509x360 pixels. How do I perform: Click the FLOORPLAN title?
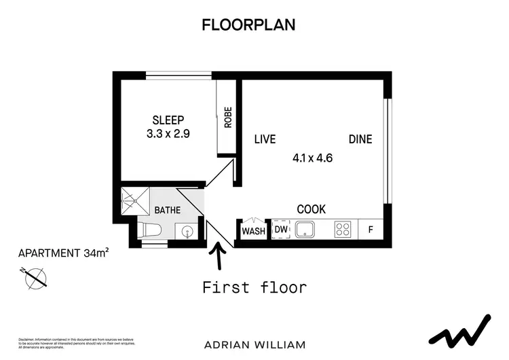[248, 25]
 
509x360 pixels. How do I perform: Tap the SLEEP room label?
[168, 120]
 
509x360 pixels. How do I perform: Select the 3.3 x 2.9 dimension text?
[168, 134]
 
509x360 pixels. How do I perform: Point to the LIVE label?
[265, 139]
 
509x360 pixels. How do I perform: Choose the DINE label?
[360, 139]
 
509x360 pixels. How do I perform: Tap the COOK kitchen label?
[312, 209]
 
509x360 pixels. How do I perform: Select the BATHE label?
[167, 211]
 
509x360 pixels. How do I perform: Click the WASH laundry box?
[253, 231]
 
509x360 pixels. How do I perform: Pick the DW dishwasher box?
[280, 230]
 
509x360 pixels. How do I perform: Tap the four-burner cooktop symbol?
[342, 230]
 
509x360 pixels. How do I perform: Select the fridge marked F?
[371, 230]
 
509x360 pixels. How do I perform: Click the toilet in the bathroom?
[149, 230]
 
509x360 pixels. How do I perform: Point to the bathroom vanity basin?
[185, 232]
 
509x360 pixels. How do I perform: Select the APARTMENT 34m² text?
[64, 253]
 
